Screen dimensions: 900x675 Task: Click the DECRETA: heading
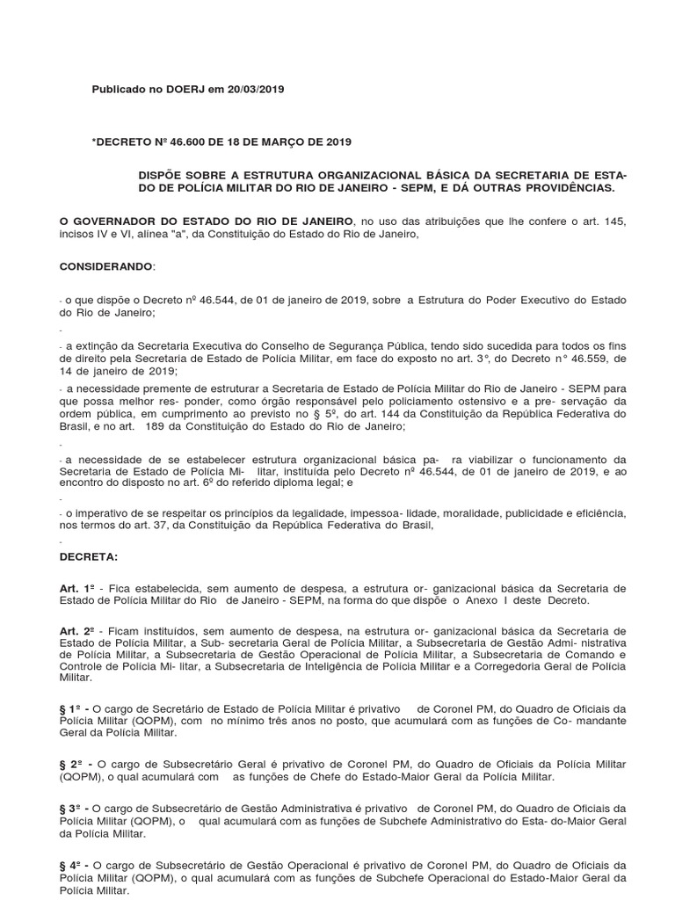87,557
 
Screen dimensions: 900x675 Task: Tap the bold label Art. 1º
76,587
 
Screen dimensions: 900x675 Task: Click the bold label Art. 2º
76,630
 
